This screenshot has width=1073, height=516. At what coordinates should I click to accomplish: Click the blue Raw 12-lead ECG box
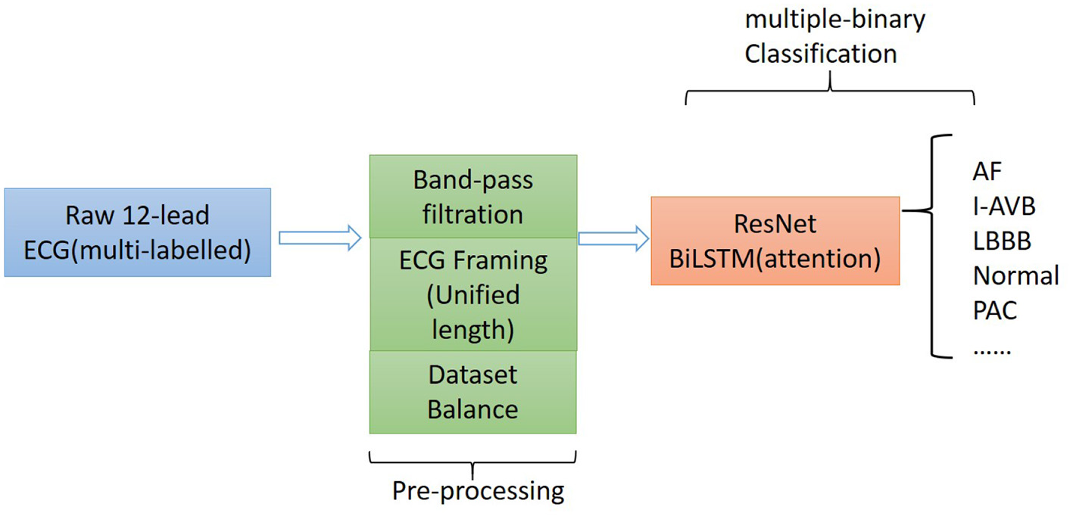pyautogui.click(x=137, y=232)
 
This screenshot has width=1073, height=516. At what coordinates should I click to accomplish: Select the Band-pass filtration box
pyautogui.click(x=473, y=197)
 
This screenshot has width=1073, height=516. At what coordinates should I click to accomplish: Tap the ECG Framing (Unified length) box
pyautogui.click(x=473, y=294)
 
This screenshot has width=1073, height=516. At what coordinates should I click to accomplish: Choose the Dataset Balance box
pyautogui.click(x=473, y=392)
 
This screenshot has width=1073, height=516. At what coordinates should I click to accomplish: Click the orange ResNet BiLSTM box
pyautogui.click(x=775, y=241)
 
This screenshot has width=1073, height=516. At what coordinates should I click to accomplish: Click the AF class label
pyautogui.click(x=987, y=172)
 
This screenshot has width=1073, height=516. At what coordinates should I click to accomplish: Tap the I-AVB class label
pyautogui.click(x=1003, y=206)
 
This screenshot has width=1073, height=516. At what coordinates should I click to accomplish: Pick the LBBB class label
pyautogui.click(x=1002, y=241)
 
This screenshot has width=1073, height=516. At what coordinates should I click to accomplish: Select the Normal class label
pyautogui.click(x=1015, y=275)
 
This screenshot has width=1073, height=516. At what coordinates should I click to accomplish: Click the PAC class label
pyautogui.click(x=995, y=310)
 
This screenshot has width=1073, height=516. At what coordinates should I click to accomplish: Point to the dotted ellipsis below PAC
pyautogui.click(x=992, y=350)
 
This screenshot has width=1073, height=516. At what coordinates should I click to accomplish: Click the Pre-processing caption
pyautogui.click(x=478, y=491)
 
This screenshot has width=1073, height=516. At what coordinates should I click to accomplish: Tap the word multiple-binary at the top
pyautogui.click(x=834, y=19)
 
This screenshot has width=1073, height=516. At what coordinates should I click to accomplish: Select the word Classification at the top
pyautogui.click(x=821, y=54)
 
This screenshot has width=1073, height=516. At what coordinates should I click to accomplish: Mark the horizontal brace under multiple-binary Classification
pyautogui.click(x=829, y=94)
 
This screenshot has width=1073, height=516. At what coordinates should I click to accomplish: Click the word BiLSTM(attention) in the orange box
pyautogui.click(x=775, y=259)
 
